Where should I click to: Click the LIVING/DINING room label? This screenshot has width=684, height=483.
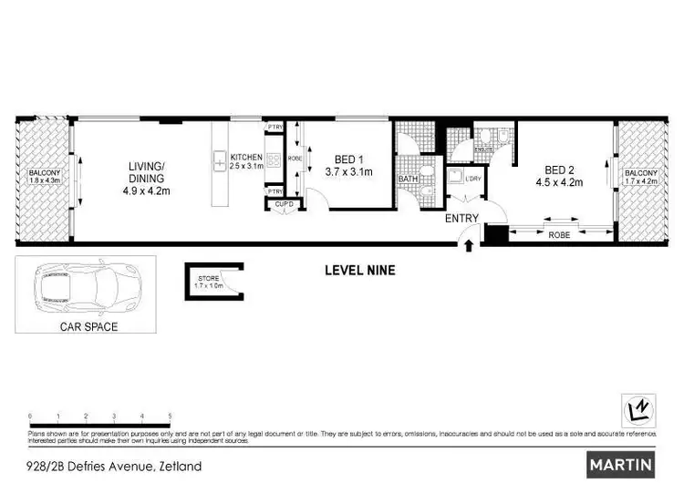coord(146,178)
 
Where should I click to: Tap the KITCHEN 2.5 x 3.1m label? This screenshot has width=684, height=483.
coord(245,161)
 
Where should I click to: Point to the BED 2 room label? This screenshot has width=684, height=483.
coord(563,175)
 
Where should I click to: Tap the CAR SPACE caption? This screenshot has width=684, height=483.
coord(88,325)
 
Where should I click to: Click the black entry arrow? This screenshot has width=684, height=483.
coord(470,244)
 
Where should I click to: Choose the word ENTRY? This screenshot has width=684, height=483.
coord(461,218)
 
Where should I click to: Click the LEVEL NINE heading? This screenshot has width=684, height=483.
coord(360,270)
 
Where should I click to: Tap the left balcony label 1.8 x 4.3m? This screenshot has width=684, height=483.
coord(45,177)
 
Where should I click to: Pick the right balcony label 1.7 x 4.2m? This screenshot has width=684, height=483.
coord(640,177)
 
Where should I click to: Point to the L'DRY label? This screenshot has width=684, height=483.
coord(472,178)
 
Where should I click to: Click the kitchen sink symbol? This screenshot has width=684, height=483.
coord(220,163)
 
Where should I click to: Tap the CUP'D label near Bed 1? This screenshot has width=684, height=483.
coord(285,203)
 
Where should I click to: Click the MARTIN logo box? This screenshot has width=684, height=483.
coord(620,464)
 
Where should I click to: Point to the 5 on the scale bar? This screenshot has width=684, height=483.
coord(170,416)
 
